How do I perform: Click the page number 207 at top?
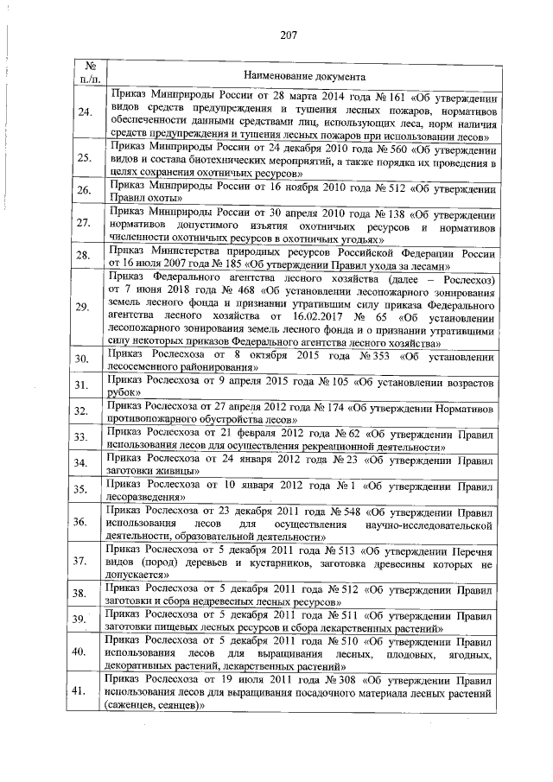click(289, 35)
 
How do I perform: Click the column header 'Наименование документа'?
click(299, 77)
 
